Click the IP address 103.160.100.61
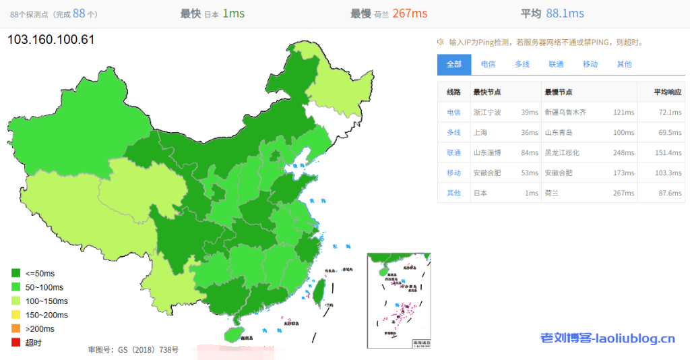click(51, 40)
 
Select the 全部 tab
click(453, 64)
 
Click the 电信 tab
click(488, 64)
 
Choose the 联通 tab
click(556, 64)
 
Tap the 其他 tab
click(624, 64)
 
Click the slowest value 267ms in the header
click(410, 13)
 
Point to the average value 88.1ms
click(565, 13)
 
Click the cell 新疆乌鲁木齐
click(565, 113)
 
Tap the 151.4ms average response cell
click(669, 153)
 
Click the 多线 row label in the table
click(453, 133)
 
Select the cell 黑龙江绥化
click(562, 153)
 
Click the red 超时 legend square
click(15, 342)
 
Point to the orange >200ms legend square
click(15, 328)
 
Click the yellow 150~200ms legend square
click(15, 315)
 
